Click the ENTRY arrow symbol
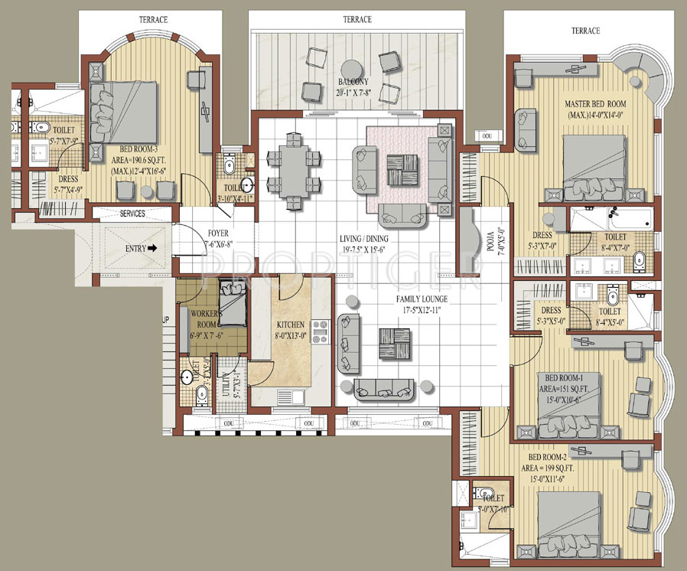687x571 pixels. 153,248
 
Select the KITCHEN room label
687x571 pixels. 290,325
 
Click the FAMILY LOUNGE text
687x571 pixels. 421,298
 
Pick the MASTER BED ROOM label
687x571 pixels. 595,103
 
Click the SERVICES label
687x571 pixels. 133,214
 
